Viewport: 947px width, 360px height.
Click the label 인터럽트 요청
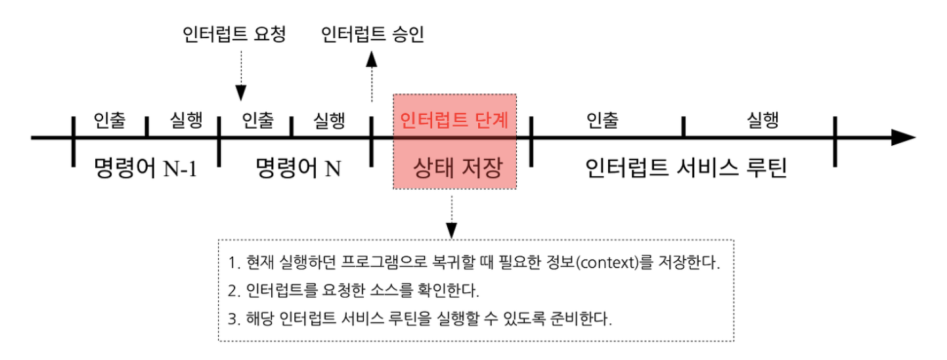coord(234,35)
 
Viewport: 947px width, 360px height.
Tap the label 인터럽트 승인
coord(372,35)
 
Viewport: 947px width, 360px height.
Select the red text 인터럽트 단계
coord(454,120)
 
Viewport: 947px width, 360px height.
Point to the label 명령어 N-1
coord(145,169)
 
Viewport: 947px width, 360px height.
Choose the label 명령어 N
coord(297,169)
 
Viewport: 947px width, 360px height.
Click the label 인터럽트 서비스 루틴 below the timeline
coord(686,169)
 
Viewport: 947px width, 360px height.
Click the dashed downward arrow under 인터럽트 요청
coord(240,76)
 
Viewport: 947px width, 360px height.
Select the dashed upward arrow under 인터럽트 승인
coord(372,76)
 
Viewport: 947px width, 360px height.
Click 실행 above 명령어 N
coord(329,120)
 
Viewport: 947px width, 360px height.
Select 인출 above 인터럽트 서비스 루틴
coord(602,120)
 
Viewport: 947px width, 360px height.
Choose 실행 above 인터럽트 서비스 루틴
coord(762,120)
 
